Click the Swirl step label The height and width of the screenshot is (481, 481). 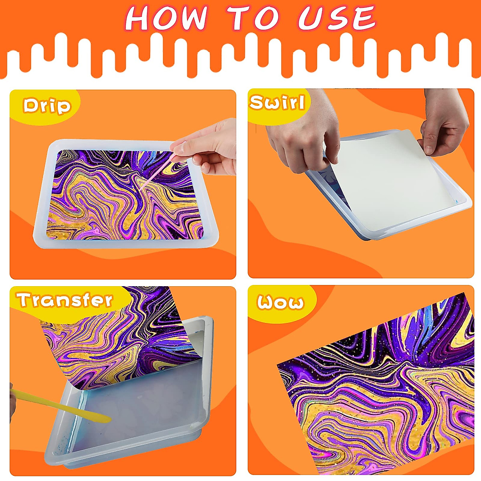click(277, 103)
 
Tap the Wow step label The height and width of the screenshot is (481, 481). click(280, 302)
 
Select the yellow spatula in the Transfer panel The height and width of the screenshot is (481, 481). click(60, 405)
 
